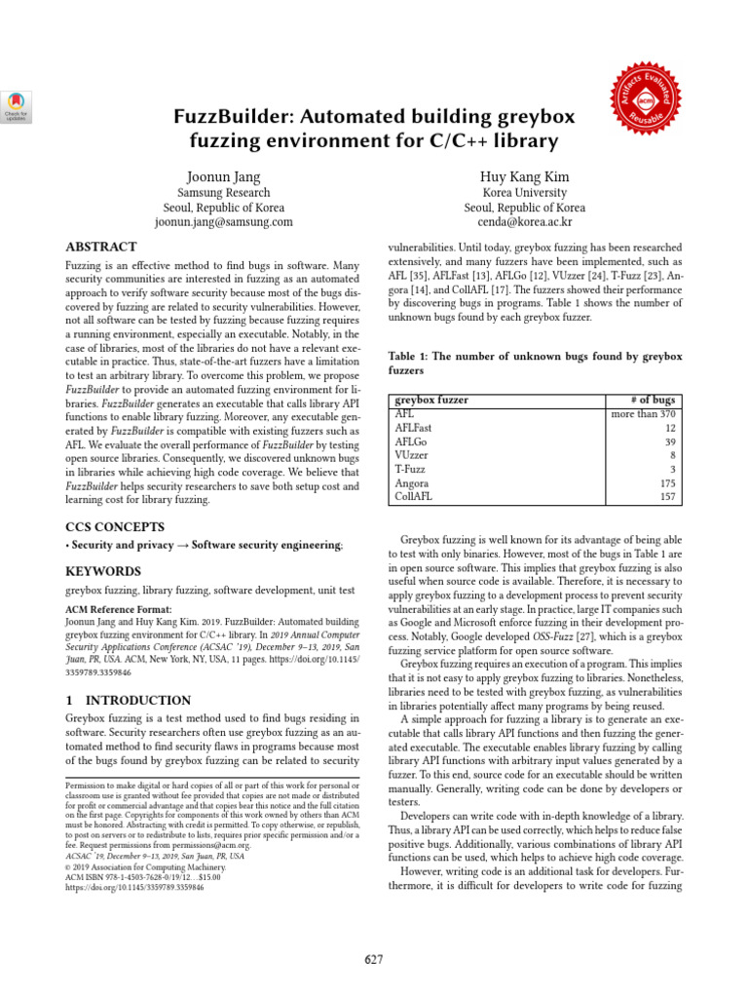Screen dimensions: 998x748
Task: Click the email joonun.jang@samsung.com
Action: click(x=223, y=222)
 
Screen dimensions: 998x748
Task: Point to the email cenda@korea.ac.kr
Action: click(x=524, y=222)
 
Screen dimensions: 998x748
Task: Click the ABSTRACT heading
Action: click(x=101, y=248)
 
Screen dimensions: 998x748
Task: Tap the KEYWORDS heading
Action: click(x=102, y=571)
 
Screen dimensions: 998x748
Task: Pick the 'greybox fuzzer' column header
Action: click(x=431, y=401)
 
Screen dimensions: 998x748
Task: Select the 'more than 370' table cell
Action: click(x=643, y=414)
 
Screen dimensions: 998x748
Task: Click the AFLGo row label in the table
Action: click(x=412, y=441)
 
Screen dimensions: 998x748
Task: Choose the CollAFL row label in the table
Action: click(x=415, y=496)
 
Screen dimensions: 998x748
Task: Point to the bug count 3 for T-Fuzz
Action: click(x=672, y=469)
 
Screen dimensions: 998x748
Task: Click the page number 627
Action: click(x=374, y=960)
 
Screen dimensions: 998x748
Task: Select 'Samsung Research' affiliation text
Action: click(x=223, y=193)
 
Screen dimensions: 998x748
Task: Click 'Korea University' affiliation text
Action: click(x=524, y=193)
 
